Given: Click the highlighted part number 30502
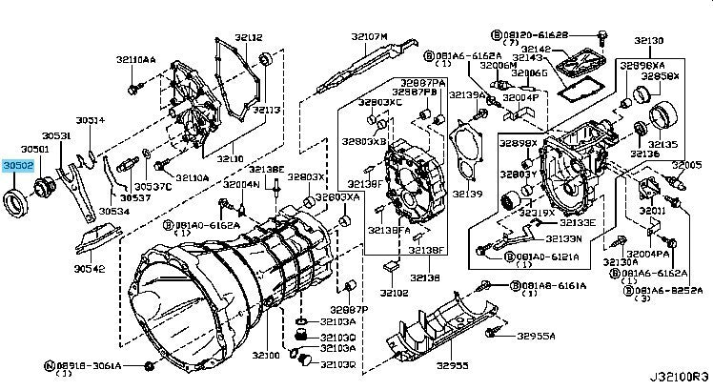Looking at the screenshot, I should tap(18, 165).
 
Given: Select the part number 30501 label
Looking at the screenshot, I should tap(35, 150).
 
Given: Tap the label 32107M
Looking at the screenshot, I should tap(370, 36).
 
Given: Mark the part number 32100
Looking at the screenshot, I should tap(267, 355).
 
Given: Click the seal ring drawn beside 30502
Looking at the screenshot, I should tap(17, 203).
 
